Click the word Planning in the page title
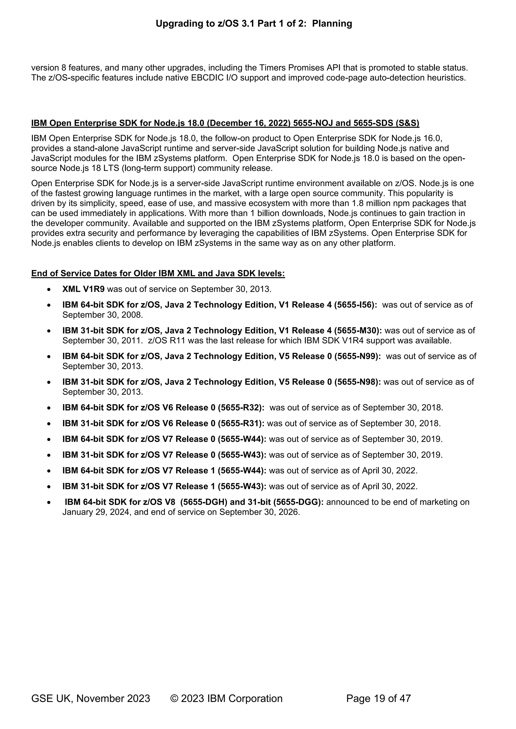tap(332, 23)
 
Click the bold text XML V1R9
tap(83, 289)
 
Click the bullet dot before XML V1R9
tap(49, 290)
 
